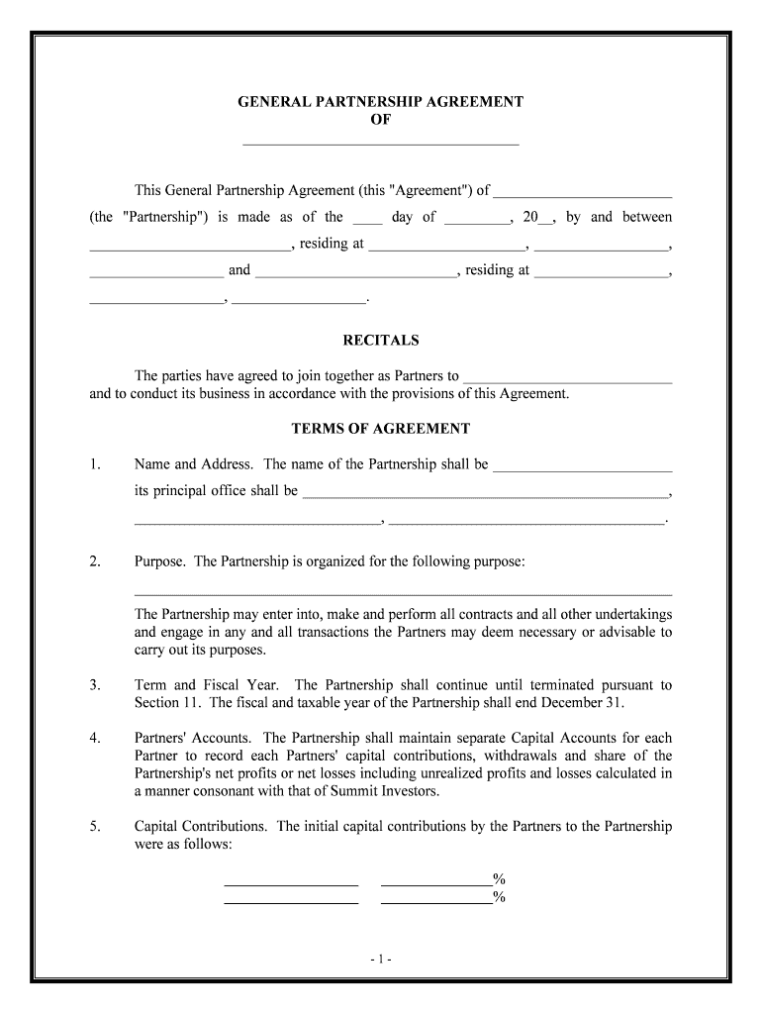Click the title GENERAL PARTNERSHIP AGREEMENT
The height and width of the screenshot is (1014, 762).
(x=381, y=102)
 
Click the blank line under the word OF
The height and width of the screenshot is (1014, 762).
(x=381, y=144)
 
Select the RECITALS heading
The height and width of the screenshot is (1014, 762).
(x=381, y=341)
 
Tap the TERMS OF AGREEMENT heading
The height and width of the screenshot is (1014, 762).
(x=381, y=429)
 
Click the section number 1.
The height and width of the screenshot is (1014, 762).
(x=95, y=464)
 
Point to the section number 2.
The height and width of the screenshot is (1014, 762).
(x=95, y=561)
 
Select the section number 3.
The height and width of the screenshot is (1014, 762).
(x=95, y=685)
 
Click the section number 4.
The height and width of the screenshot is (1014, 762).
(x=95, y=738)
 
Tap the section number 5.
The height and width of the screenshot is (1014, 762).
(x=95, y=826)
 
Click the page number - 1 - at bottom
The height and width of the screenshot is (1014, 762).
(x=381, y=959)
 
